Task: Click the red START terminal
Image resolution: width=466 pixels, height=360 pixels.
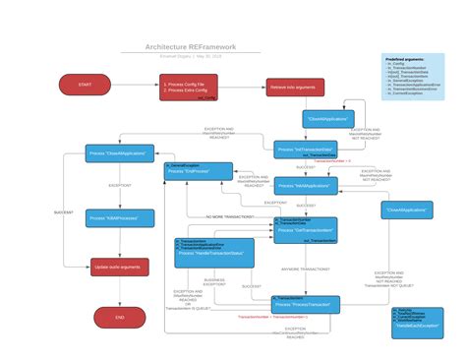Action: click(x=85, y=86)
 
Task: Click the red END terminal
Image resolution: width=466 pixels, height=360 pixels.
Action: click(x=120, y=318)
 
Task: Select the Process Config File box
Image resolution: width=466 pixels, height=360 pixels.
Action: click(x=188, y=88)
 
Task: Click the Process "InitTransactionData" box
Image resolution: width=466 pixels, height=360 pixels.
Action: click(x=306, y=150)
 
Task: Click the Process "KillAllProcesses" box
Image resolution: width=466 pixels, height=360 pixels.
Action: click(x=113, y=217)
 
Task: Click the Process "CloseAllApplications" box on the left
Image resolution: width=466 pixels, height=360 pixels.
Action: click(x=117, y=153)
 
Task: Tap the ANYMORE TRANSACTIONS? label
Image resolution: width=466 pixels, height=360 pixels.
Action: click(x=306, y=269)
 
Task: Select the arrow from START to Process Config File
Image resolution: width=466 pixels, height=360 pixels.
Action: click(x=135, y=86)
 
